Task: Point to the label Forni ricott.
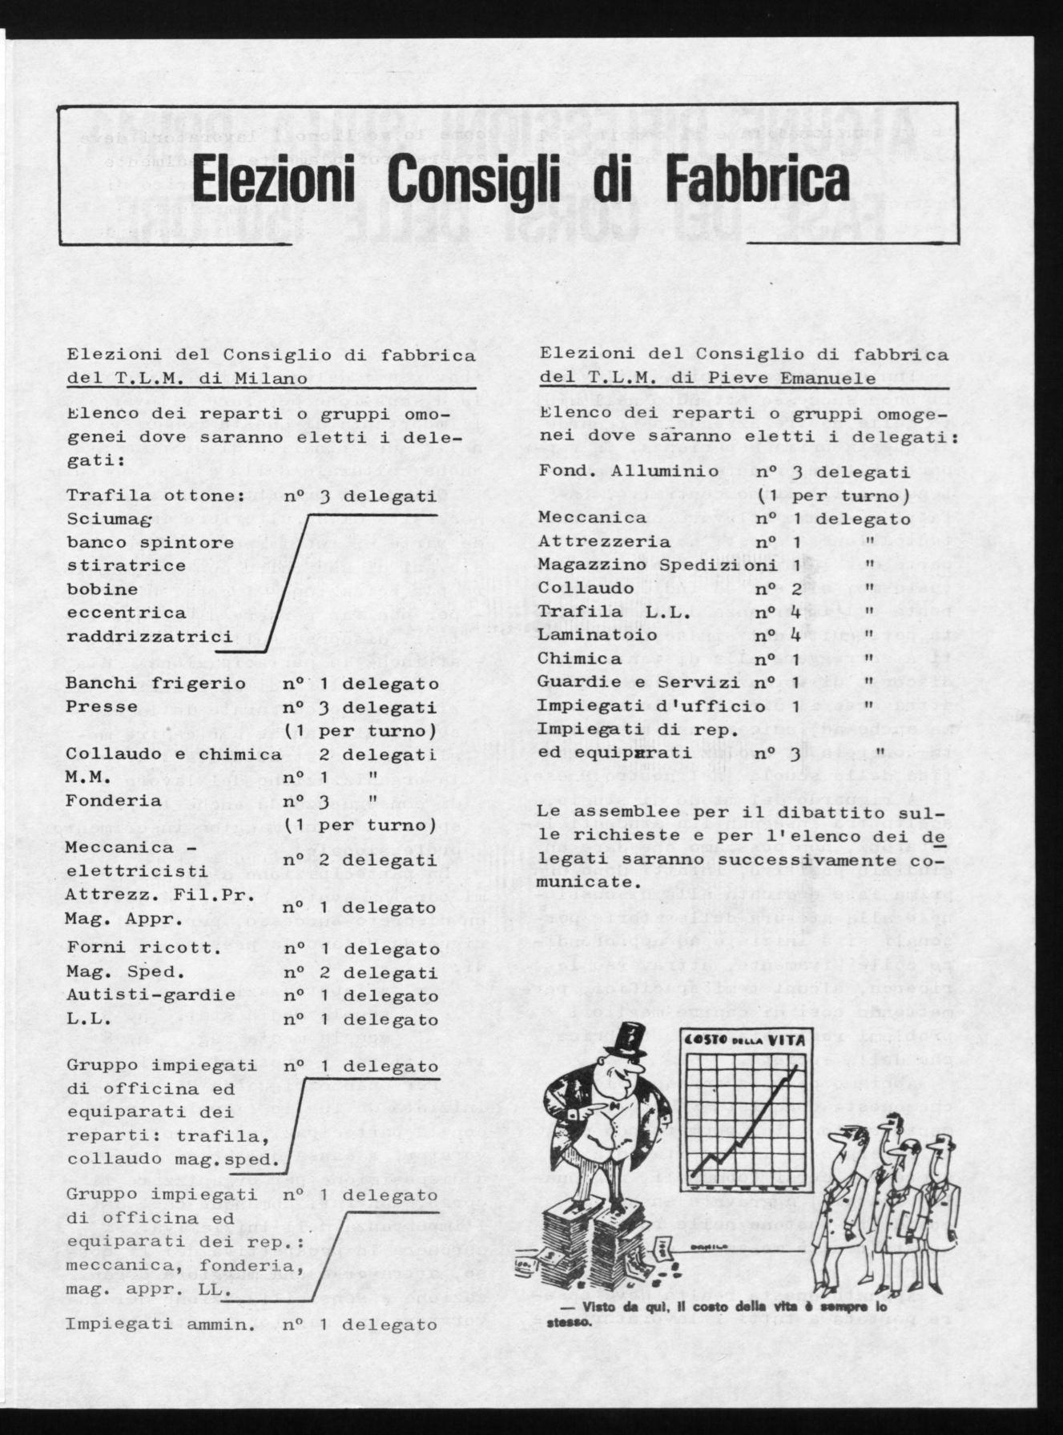tap(143, 951)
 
